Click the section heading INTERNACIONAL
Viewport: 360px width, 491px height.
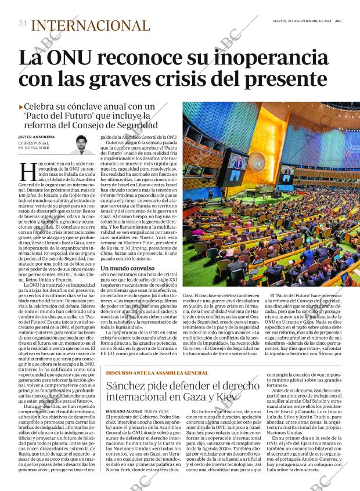[90, 25]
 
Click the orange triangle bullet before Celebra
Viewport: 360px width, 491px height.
[21, 107]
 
